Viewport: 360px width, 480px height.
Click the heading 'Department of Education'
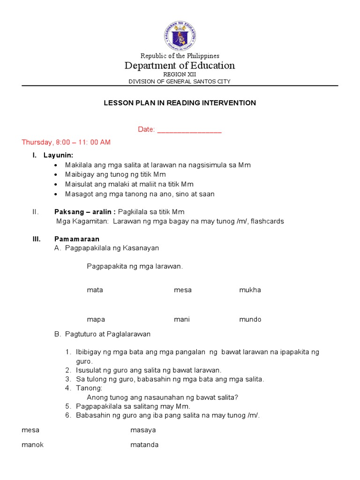coord(180,66)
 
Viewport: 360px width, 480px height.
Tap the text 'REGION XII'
coord(180,75)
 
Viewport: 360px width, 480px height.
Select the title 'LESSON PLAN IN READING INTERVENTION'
coord(180,103)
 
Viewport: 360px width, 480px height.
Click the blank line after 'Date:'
coord(189,130)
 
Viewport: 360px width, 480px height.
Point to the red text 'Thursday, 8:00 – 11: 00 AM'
coord(66,142)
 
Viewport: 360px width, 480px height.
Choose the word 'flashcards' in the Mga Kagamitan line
coord(268,221)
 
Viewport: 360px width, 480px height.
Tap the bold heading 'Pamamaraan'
coord(77,239)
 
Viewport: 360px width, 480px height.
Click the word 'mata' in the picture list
coord(95,290)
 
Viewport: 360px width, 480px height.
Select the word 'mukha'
coord(250,290)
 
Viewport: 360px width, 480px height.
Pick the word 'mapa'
coord(96,319)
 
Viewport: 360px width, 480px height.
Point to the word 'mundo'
coord(250,319)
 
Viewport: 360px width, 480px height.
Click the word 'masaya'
coord(143,429)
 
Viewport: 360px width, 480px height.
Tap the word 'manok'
coord(32,444)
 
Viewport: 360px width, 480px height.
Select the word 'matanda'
coord(144,444)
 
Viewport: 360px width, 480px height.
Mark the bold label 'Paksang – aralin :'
coord(85,212)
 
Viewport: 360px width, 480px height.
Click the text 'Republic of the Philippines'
coord(180,56)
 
